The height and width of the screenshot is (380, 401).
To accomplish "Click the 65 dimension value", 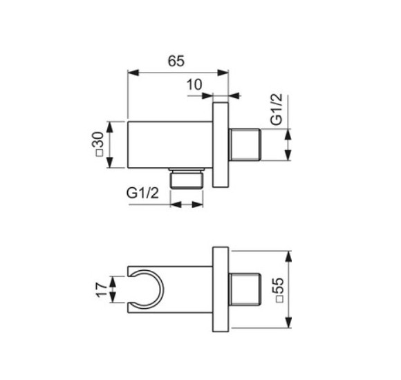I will (176, 61).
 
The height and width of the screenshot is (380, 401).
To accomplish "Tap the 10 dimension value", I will (194, 85).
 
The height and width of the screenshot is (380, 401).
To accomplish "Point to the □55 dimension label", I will (277, 289).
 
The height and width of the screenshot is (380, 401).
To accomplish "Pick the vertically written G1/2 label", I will (276, 111).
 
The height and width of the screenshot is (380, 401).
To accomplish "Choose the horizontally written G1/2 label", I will (143, 195).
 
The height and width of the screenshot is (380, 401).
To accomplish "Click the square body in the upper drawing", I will (169, 144).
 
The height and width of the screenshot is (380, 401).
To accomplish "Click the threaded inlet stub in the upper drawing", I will (244, 144).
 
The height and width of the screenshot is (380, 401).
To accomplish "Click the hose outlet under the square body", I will (187, 178).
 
